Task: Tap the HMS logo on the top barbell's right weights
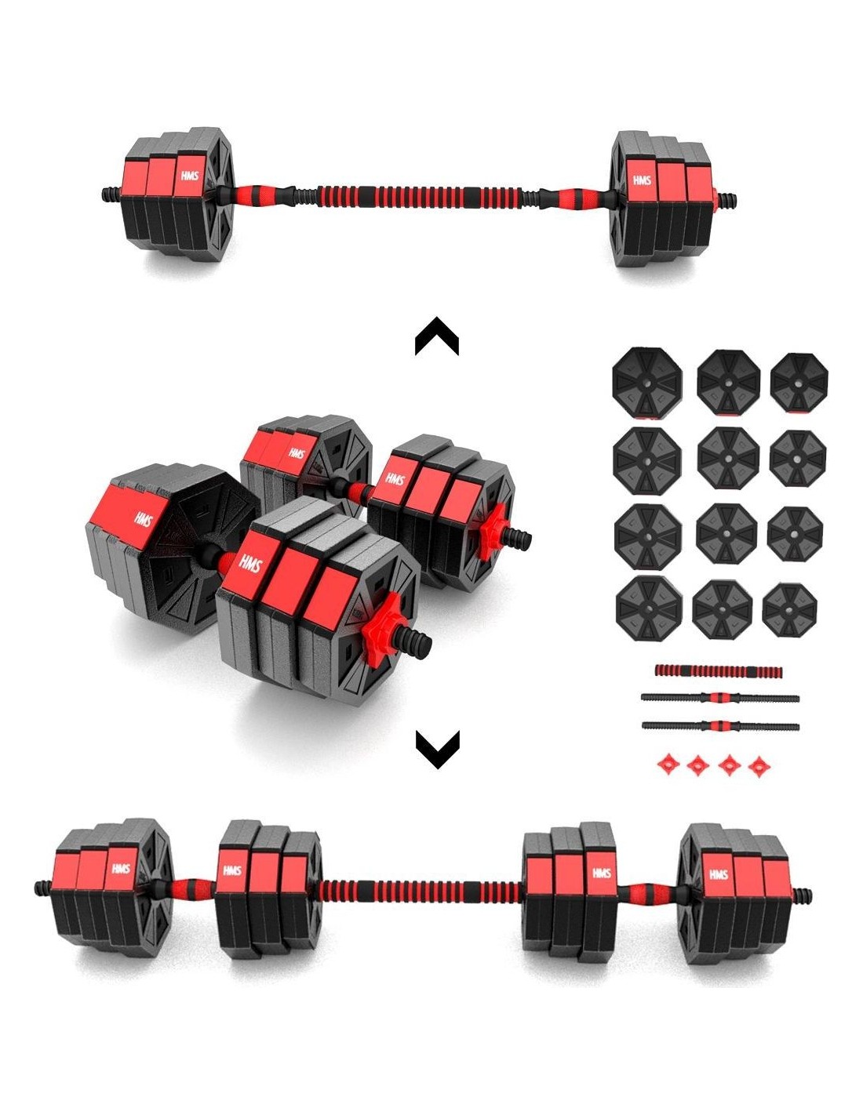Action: coord(642,180)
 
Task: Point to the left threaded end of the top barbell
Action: coord(111,195)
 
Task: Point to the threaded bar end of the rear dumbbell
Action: coord(519,538)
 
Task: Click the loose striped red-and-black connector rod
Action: coord(718,671)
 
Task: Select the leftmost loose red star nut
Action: coord(668,765)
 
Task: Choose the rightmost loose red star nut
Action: coord(759,767)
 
